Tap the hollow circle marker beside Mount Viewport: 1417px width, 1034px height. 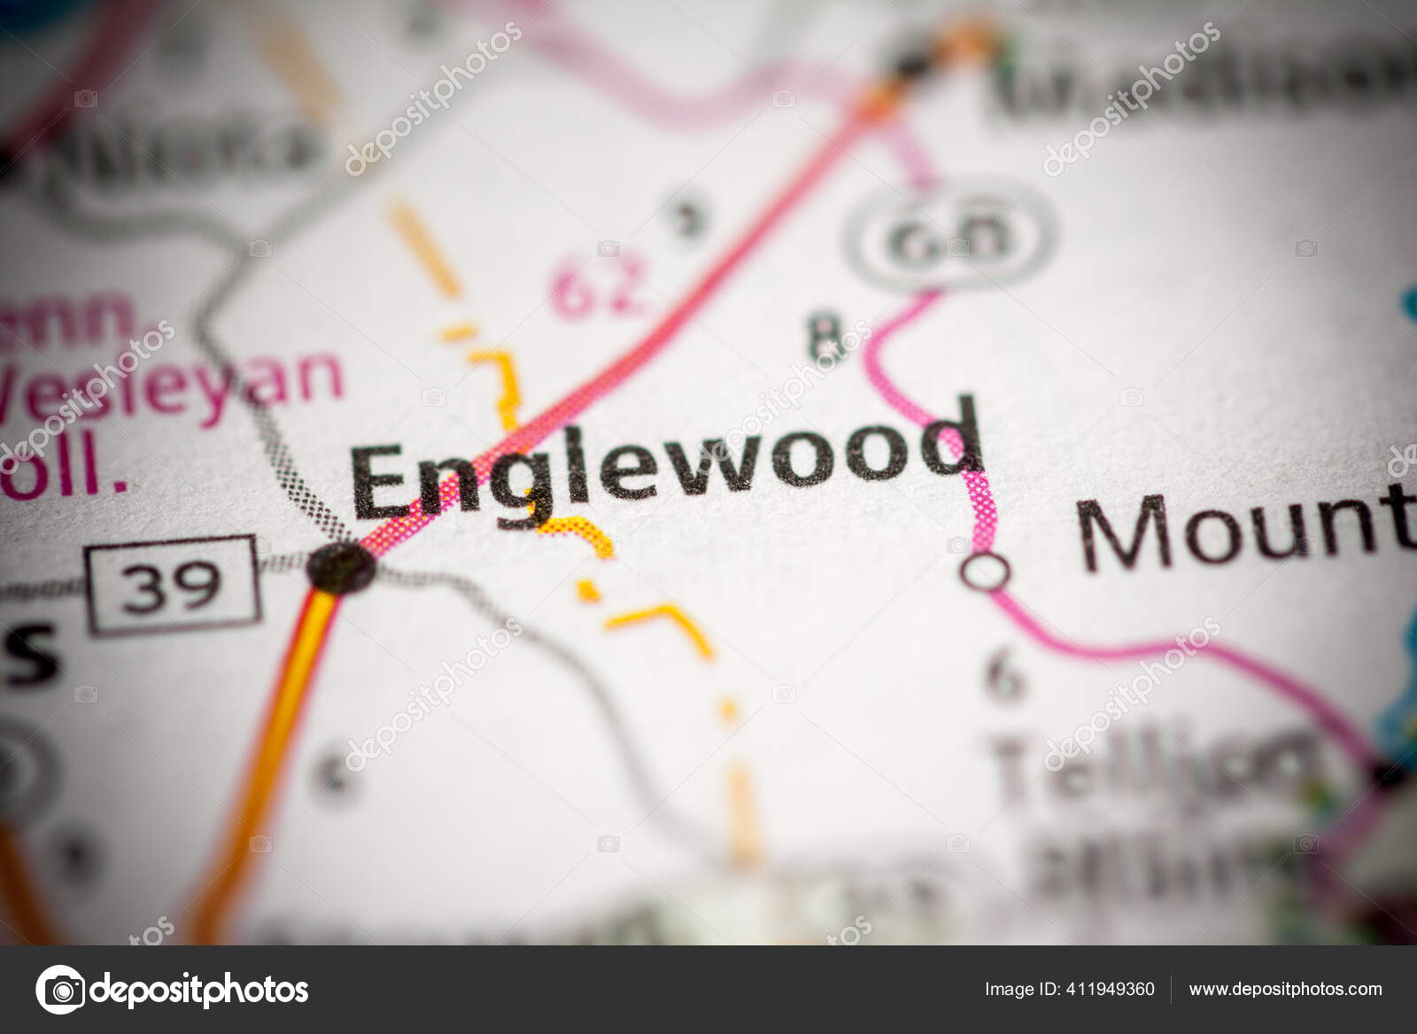(x=986, y=571)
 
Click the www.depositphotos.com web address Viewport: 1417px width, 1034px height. (x=1285, y=989)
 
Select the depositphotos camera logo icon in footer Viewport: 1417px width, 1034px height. (x=60, y=989)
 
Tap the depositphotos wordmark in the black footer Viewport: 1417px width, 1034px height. (x=199, y=989)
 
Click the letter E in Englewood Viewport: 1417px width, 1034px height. (x=390, y=483)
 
